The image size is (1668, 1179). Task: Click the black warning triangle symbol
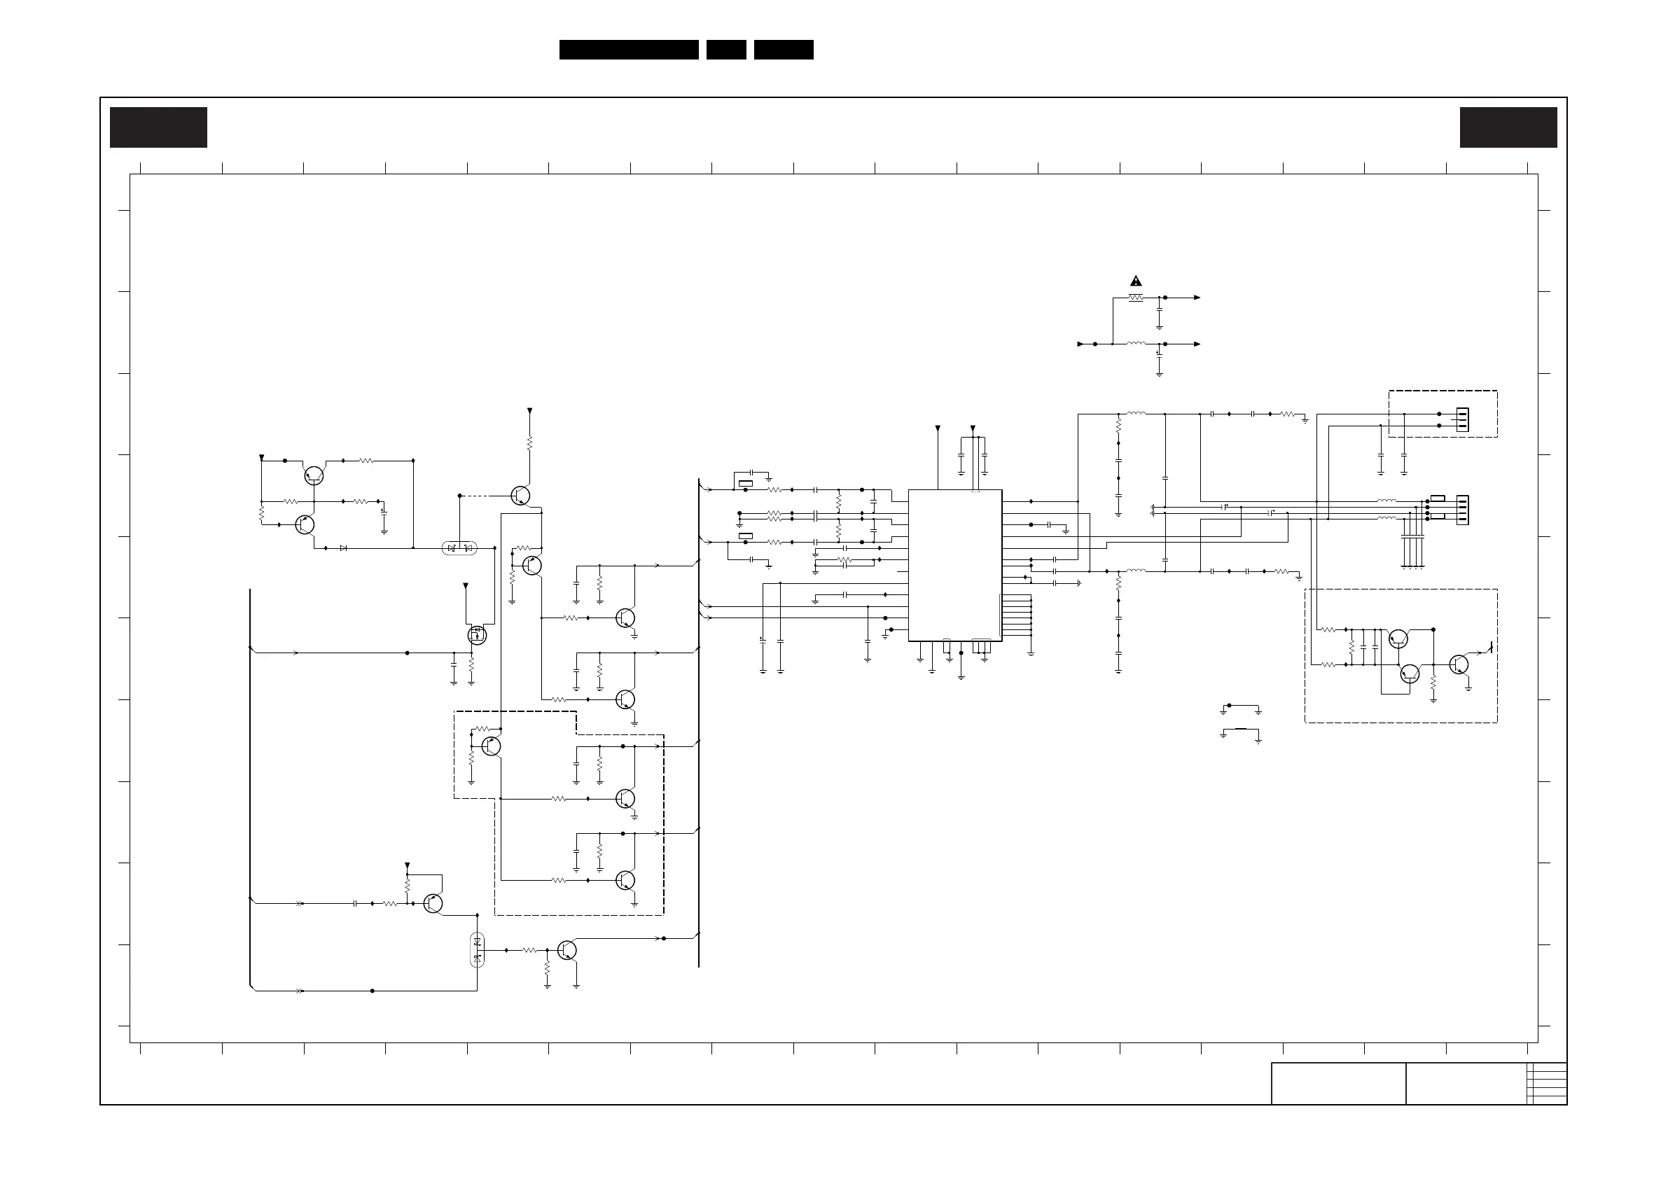coord(1136,281)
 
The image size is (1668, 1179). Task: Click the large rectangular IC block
coord(954,565)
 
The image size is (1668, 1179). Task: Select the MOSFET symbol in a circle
coord(477,636)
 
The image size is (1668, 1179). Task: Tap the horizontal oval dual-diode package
coord(459,547)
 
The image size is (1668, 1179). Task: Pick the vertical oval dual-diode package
coord(478,949)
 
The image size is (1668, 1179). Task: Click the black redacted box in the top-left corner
coord(158,128)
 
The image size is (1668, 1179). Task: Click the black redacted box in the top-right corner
coord(1508,128)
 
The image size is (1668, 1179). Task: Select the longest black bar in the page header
coord(628,50)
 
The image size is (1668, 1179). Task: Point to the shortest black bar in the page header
coord(725,50)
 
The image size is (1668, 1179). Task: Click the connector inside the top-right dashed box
coord(1461,420)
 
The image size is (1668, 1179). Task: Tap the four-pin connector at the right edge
coord(1461,510)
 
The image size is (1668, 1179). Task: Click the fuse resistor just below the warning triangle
coord(1136,298)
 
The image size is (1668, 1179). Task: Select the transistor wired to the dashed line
coord(520,496)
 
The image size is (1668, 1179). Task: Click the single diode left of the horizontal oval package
coord(344,547)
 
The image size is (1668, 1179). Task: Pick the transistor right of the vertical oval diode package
coord(567,949)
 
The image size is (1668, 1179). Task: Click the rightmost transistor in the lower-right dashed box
coord(1458,664)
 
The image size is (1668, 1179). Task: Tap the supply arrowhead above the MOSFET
coord(466,585)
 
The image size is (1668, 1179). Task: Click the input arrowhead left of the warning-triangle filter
coord(1080,344)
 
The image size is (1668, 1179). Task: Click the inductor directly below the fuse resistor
coord(1136,344)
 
